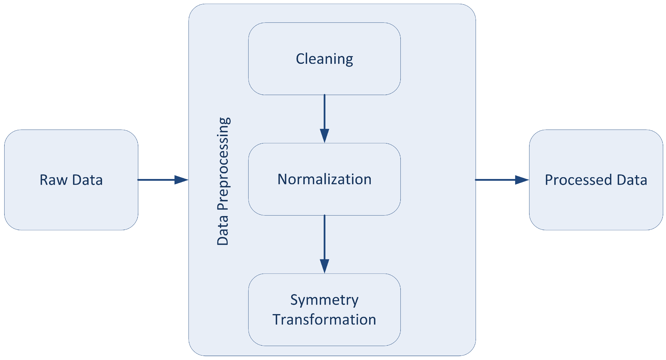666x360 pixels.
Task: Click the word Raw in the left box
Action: point(54,180)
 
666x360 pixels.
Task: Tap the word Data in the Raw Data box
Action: point(87,180)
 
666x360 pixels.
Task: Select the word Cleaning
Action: point(324,59)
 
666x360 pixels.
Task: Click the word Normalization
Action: point(324,179)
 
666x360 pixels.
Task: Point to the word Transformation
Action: point(324,320)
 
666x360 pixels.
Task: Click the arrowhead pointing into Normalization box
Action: point(324,136)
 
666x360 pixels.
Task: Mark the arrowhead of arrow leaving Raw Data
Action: point(181,180)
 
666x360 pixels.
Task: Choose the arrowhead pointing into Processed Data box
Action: point(522,180)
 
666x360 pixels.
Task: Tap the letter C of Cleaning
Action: point(300,59)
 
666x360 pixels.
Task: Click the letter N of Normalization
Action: point(282,179)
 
